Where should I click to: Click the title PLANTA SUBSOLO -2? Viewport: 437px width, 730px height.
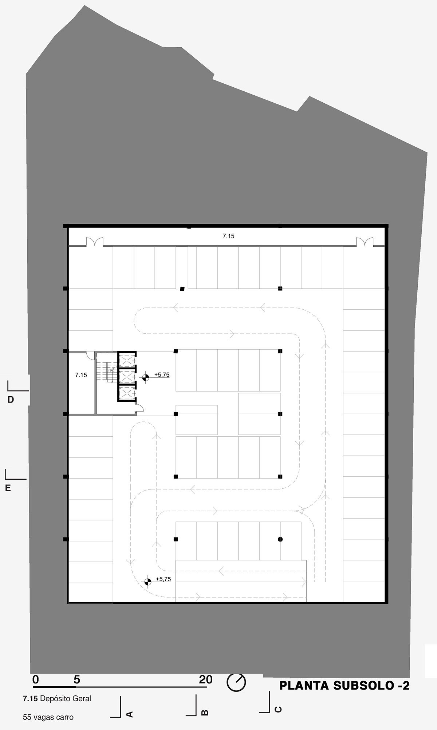pyautogui.click(x=344, y=686)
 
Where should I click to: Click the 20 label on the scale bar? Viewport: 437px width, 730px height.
pyautogui.click(x=205, y=679)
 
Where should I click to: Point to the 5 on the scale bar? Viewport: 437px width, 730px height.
pyautogui.click(x=76, y=679)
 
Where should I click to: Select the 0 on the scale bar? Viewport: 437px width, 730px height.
pyautogui.click(x=35, y=679)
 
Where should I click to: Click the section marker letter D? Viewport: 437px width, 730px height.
pyautogui.click(x=11, y=400)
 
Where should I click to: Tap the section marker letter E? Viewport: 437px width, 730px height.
pyautogui.click(x=8, y=488)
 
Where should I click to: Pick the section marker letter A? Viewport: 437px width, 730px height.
pyautogui.click(x=129, y=714)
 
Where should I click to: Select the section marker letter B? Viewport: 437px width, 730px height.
pyautogui.click(x=205, y=713)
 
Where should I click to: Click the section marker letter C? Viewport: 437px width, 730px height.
pyautogui.click(x=277, y=709)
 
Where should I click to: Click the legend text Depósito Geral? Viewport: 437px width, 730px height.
pyautogui.click(x=66, y=698)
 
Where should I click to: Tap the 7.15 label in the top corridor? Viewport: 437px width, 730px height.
pyautogui.click(x=229, y=236)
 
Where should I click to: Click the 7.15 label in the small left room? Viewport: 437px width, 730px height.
pyautogui.click(x=81, y=374)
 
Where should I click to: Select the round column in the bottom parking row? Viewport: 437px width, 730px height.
pyautogui.click(x=280, y=539)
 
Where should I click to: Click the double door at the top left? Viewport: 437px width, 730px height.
pyautogui.click(x=94, y=242)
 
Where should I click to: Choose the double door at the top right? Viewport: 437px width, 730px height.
pyautogui.click(x=365, y=242)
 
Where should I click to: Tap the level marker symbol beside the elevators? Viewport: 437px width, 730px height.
pyautogui.click(x=145, y=378)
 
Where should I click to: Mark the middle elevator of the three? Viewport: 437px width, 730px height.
pyautogui.click(x=127, y=376)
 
